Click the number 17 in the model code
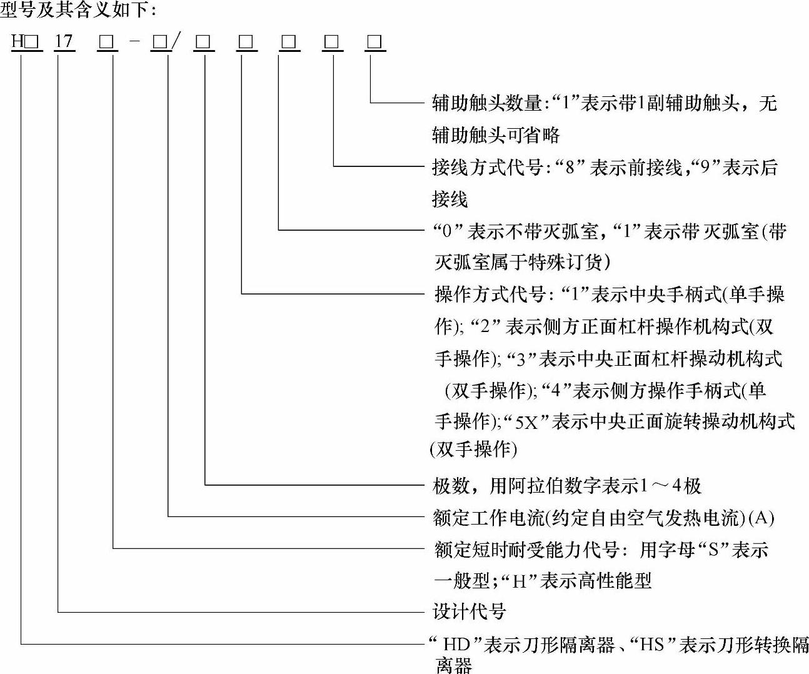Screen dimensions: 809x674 [64, 42]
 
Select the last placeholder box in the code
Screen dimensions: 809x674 [375, 43]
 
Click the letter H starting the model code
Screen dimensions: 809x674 [18, 42]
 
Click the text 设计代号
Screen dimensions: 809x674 [469, 611]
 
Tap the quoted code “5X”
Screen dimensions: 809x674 [526, 421]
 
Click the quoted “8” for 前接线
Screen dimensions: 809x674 [569, 168]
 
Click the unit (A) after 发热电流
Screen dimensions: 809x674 [761, 518]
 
